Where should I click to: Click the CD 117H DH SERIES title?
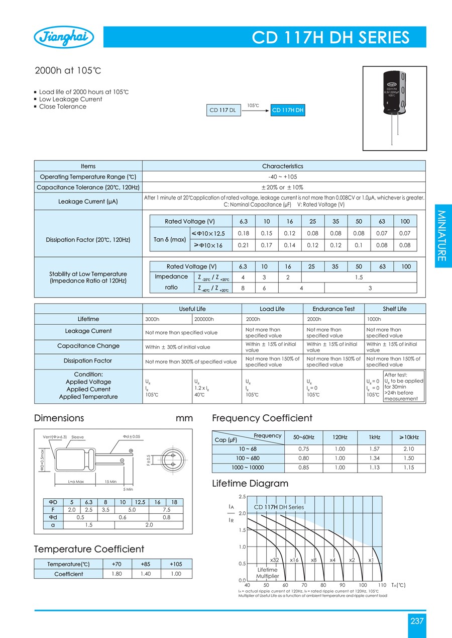point(330,38)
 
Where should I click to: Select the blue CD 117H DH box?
point(288,111)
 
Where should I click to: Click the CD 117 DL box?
point(222,111)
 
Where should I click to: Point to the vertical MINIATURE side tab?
point(441,235)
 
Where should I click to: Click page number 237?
point(417,621)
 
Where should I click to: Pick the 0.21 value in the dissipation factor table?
point(244,245)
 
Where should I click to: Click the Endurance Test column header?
point(333,309)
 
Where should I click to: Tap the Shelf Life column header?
point(395,309)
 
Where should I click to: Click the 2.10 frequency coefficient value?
point(408,448)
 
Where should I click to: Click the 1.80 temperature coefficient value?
point(116,574)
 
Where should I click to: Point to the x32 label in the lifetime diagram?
point(274,560)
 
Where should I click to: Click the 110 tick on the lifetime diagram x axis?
point(382,585)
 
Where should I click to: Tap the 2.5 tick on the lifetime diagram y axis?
point(242,497)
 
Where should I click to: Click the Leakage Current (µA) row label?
point(88,202)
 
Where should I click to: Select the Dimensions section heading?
point(59,418)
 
